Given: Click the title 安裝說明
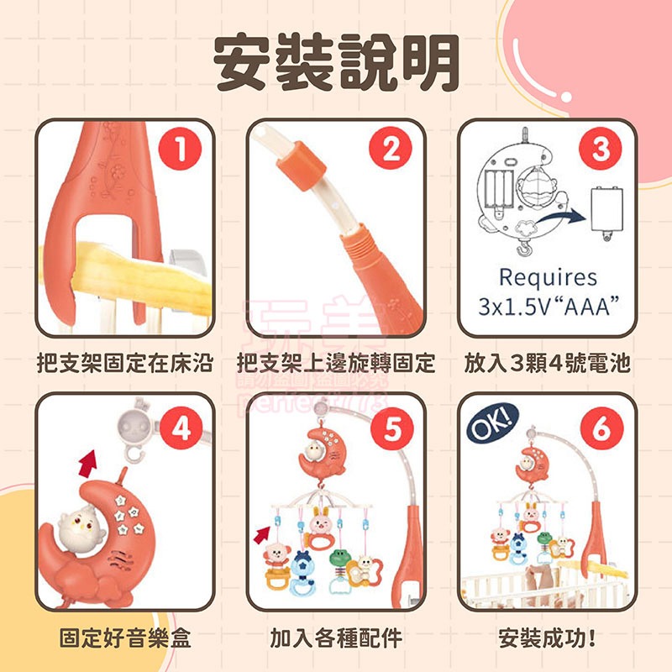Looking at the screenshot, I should tap(336, 64).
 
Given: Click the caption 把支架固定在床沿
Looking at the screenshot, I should tap(125, 364).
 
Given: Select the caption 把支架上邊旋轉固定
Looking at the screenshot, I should tap(336, 364).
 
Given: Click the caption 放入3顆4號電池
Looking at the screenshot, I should tap(547, 364).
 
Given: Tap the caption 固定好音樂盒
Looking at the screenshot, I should tap(125, 638).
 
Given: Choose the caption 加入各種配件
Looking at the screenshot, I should tap(336, 638).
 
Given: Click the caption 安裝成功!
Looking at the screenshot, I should tap(547, 638).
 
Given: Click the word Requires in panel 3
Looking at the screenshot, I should tap(547, 277).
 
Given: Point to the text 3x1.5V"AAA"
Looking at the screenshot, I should tap(547, 305).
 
